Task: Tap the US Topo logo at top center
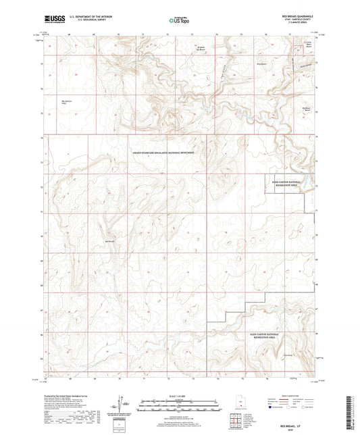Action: pos(179,21)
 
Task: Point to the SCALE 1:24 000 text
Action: pos(180,395)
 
